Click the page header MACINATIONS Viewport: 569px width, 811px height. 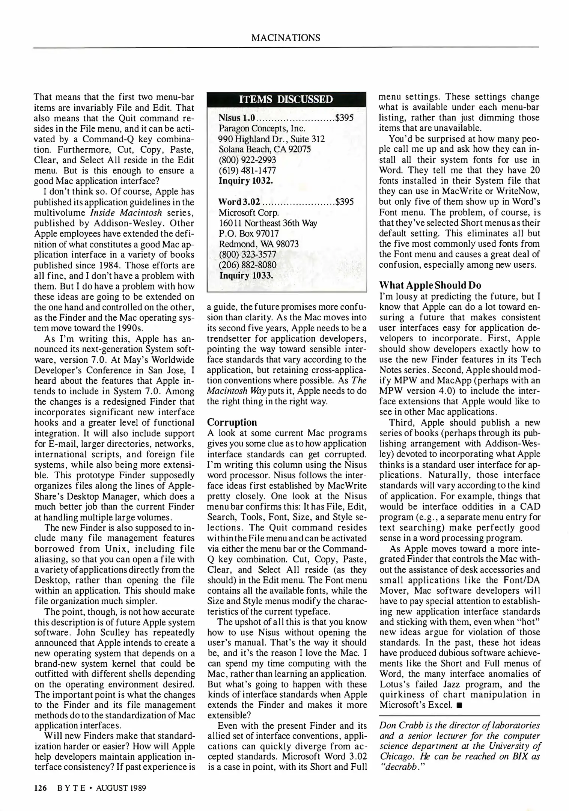286,38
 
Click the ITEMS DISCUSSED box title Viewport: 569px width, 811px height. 286,99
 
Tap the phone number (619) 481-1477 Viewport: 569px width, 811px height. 247,170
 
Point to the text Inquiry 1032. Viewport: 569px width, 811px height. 246,181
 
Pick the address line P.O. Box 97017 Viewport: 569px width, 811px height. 249,234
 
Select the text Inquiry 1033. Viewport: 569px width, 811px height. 246,276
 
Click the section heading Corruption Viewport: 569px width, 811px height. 232,422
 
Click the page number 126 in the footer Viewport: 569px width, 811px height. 40,787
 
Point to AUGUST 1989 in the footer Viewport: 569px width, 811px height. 121,787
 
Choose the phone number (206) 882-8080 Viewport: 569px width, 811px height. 248,265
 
